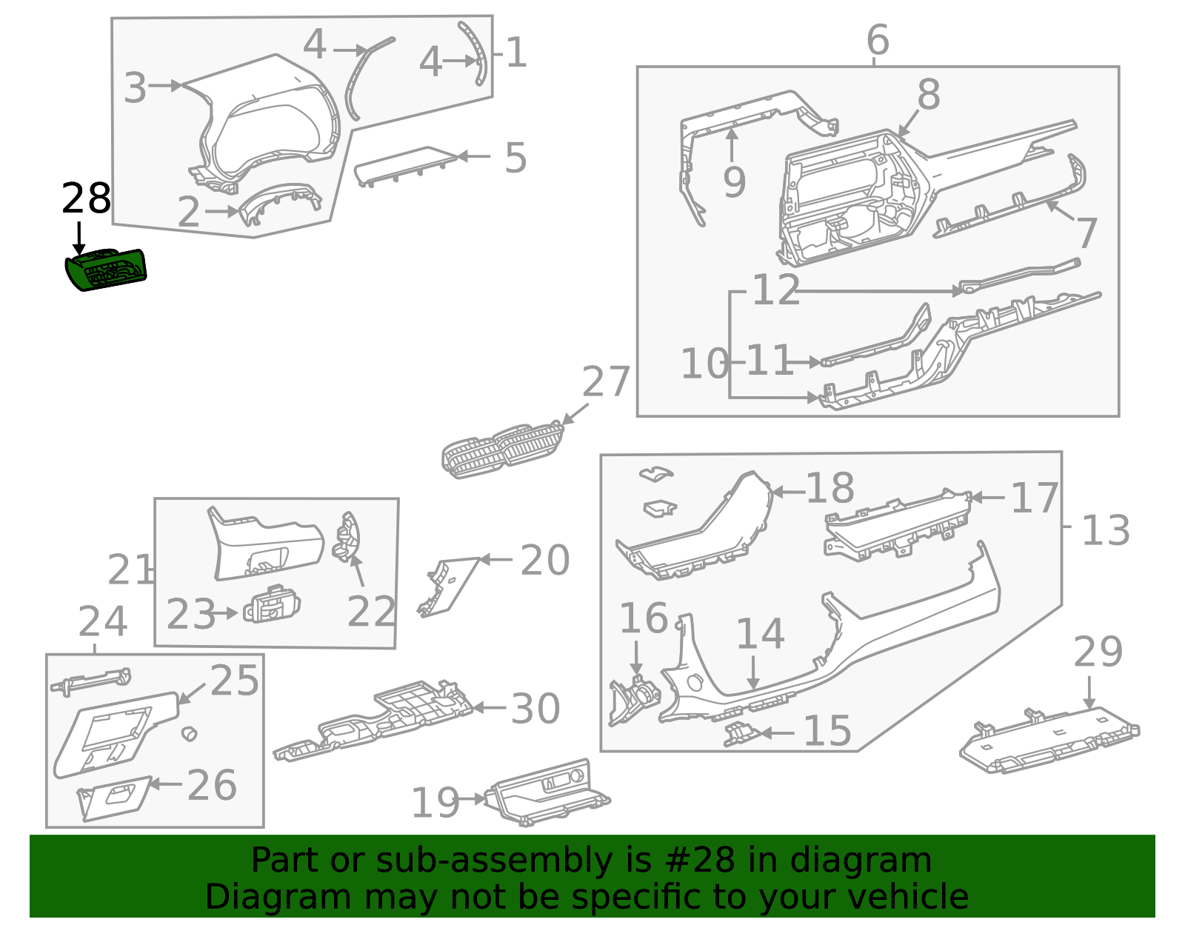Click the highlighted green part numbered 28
coord(106,270)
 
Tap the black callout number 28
coord(86,198)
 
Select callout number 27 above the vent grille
coord(605,381)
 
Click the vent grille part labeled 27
coord(502,449)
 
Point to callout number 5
coord(515,158)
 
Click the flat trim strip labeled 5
coord(404,166)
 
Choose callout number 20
coord(545,560)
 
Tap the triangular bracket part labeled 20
coord(447,587)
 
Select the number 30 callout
coord(535,709)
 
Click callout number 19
coord(435,803)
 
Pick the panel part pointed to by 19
coord(547,792)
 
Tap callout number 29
coord(1098,652)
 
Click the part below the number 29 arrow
coord(1049,740)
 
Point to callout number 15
coord(827,730)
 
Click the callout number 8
coord(929,94)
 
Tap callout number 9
coord(734,182)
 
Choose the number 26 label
coord(212,785)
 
